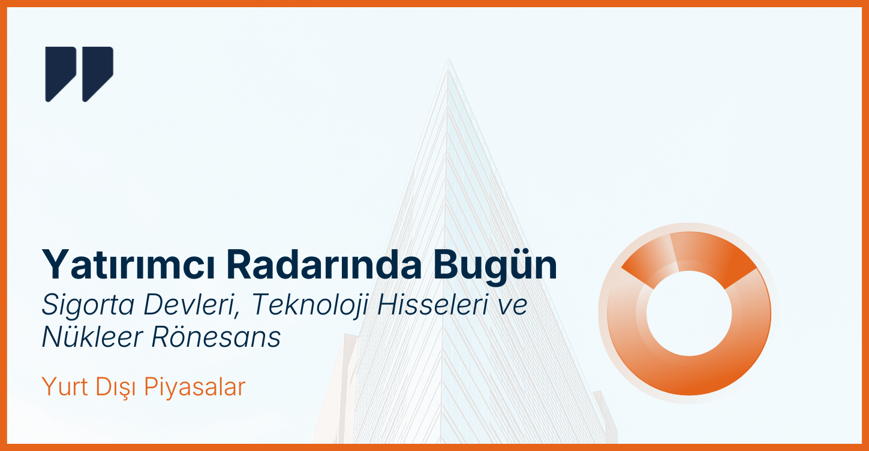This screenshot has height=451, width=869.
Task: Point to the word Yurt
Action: pyautogui.click(x=64, y=387)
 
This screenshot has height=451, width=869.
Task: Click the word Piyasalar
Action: pyautogui.click(x=195, y=388)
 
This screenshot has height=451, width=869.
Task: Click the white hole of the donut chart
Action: pyautogui.click(x=689, y=313)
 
